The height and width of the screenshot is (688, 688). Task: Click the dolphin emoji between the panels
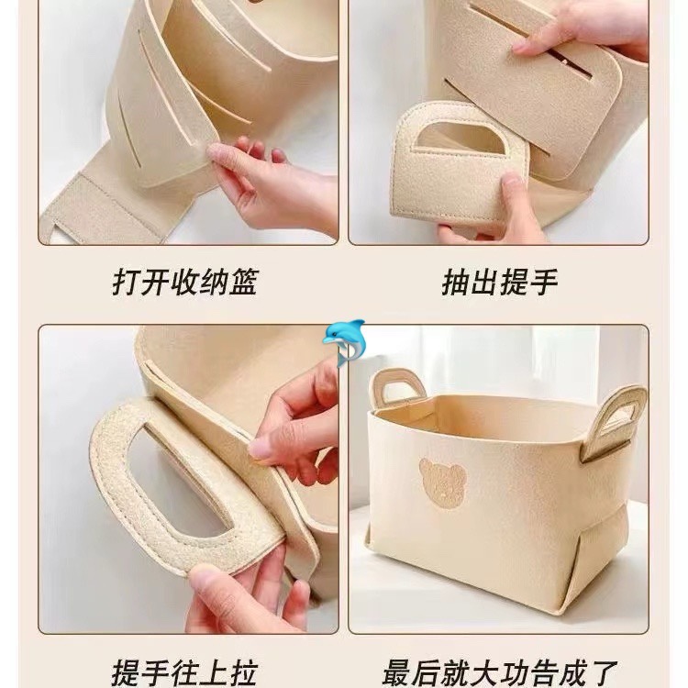click(x=344, y=342)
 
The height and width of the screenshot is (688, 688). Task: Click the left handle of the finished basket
click(x=397, y=386)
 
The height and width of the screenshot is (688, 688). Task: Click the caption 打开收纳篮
click(x=184, y=283)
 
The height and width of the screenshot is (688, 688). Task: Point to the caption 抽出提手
click(x=500, y=283)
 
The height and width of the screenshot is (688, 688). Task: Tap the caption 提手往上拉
click(x=183, y=673)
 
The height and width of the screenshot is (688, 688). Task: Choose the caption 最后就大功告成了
click(x=500, y=673)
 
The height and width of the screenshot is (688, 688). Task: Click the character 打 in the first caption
click(x=126, y=283)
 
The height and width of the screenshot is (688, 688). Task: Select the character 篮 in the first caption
click(x=243, y=283)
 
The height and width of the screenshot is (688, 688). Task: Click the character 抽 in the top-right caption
click(x=455, y=283)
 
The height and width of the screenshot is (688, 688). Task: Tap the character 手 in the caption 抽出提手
click(x=544, y=283)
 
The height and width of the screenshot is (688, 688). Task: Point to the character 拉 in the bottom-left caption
click(x=243, y=673)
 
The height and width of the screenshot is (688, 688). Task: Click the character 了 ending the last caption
click(x=604, y=673)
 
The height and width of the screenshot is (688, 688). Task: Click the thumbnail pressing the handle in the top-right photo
click(x=512, y=179)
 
